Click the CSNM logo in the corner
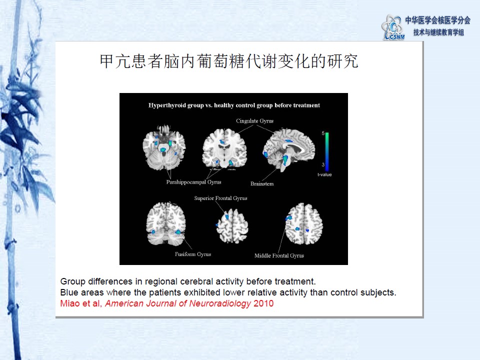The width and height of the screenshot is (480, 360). (x=393, y=27)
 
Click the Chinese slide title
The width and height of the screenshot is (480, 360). (x=229, y=61)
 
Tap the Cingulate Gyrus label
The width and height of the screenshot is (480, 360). (x=254, y=121)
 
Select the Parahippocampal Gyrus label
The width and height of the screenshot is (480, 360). (x=193, y=182)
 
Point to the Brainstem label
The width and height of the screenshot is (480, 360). (x=262, y=183)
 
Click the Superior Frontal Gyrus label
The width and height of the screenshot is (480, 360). (x=220, y=198)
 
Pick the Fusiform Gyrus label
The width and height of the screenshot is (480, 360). (x=193, y=254)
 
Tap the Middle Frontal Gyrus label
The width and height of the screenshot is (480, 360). (x=279, y=255)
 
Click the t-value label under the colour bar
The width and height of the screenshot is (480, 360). (x=324, y=175)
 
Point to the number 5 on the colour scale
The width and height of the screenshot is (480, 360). (x=323, y=133)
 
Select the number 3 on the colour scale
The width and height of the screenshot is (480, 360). (x=323, y=164)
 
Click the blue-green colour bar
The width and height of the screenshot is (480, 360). (x=327, y=151)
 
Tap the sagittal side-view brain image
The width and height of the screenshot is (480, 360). (x=289, y=149)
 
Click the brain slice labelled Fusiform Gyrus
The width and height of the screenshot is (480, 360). (x=166, y=224)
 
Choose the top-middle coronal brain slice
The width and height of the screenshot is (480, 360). (x=224, y=148)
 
